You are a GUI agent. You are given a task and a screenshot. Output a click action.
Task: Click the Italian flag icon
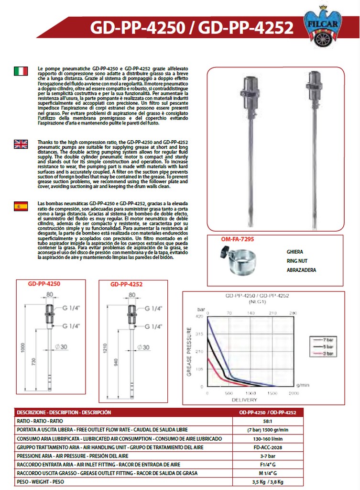pyautogui.click(x=21, y=71)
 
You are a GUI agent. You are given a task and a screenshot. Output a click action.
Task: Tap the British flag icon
pyautogui.click(x=21, y=144)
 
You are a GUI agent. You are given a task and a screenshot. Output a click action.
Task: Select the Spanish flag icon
pyautogui.click(x=21, y=207)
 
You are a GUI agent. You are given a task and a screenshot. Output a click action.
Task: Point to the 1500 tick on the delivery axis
pyautogui.click(x=271, y=393)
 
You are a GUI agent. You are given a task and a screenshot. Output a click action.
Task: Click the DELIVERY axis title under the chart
pyautogui.click(x=244, y=400)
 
